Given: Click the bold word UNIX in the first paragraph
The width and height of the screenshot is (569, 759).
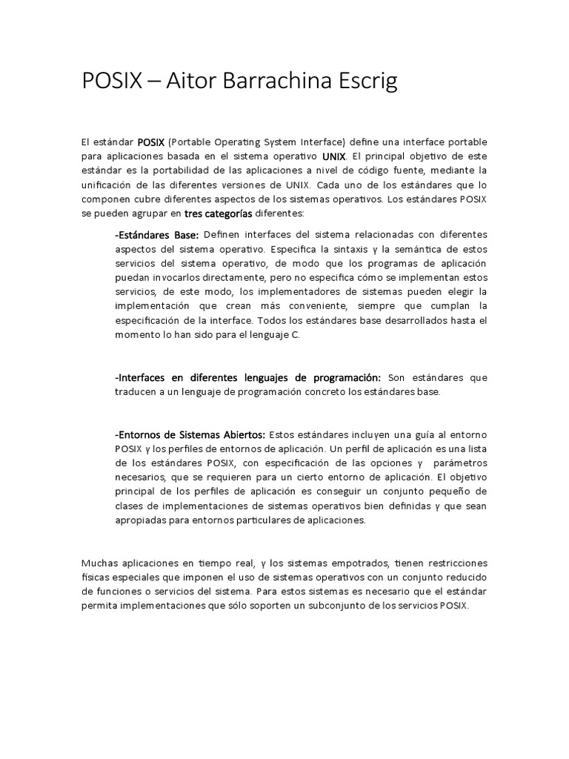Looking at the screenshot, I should click(x=335, y=156).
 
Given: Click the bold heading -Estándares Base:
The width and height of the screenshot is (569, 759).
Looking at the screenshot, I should click(x=156, y=235).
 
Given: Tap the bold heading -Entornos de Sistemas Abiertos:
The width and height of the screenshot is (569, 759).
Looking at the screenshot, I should click(x=189, y=434).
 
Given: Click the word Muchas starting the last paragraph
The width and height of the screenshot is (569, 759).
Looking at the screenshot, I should click(x=100, y=563).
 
